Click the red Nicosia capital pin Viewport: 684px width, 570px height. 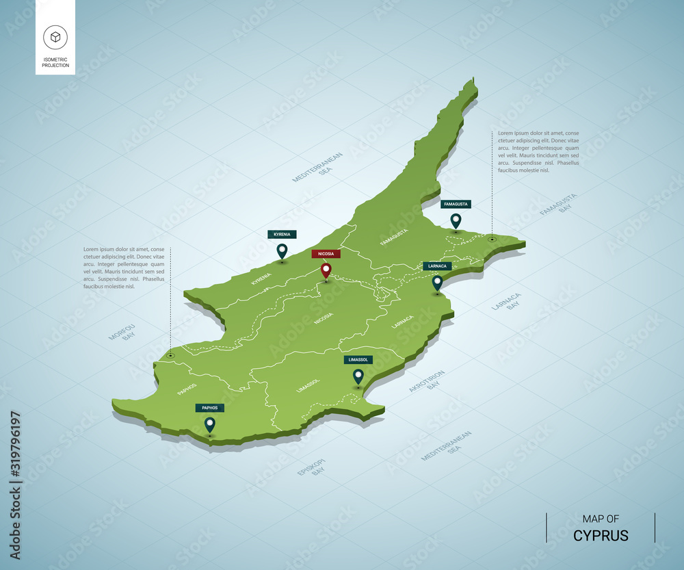click(x=326, y=271)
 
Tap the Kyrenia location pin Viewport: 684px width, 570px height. click(x=281, y=251)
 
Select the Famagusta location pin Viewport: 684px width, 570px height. click(x=456, y=220)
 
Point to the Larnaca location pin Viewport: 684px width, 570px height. click(x=437, y=282)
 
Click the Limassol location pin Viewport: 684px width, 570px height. click(x=358, y=376)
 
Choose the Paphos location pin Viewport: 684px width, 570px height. click(x=210, y=424)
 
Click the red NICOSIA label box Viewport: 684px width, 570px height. click(x=326, y=254)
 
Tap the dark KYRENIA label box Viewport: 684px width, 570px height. click(x=282, y=234)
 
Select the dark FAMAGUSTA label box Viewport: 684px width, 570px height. click(x=456, y=204)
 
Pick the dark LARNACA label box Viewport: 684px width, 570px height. click(x=437, y=265)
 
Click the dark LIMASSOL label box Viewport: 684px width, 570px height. click(x=358, y=359)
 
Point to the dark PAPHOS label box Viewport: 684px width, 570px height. click(x=210, y=408)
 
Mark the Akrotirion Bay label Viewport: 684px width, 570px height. click(x=428, y=381)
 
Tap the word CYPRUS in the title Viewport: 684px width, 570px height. click(x=601, y=534)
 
